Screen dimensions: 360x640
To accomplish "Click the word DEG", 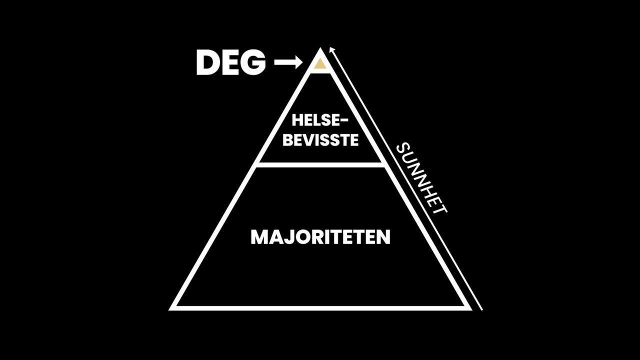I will click(x=230, y=63).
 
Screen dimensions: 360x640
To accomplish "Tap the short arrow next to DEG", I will click(x=288, y=62).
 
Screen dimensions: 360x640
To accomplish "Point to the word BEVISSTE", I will click(x=320, y=139).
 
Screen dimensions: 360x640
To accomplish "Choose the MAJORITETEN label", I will click(x=320, y=237).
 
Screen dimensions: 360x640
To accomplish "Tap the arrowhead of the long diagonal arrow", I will click(x=331, y=49).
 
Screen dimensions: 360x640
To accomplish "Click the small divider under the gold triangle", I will click(x=320, y=71).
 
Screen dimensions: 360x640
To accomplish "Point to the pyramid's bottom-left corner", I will click(x=171, y=308).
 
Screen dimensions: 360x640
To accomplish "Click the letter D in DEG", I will click(x=207, y=63).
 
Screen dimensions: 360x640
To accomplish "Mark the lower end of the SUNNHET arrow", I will click(x=481, y=309).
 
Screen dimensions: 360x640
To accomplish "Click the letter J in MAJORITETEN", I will click(x=288, y=237).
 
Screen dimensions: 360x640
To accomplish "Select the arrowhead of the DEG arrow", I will click(x=298, y=62).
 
